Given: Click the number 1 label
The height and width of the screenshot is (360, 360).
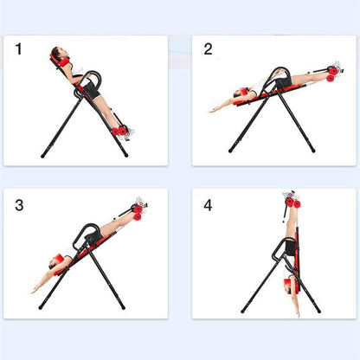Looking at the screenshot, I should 19,49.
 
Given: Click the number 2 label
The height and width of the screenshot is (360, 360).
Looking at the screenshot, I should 208,49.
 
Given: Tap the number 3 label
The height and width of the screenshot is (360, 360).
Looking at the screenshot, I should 19,205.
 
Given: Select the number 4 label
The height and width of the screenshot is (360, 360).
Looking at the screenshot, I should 208,205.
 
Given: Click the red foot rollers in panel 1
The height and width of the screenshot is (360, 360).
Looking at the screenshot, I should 119,131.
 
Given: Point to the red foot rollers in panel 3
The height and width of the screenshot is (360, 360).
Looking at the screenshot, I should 139,211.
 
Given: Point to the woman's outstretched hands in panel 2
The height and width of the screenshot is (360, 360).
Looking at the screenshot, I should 213,109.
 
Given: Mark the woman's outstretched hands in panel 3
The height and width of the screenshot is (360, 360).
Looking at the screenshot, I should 36,288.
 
